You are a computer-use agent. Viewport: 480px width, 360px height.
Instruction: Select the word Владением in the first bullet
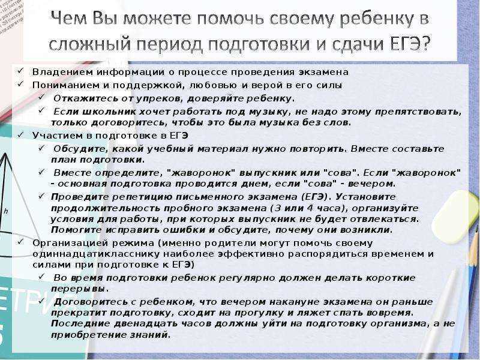pos(62,72)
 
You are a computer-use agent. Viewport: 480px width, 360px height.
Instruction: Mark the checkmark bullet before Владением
pos(21,71)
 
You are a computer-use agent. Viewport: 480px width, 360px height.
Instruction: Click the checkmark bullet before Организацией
pos(21,242)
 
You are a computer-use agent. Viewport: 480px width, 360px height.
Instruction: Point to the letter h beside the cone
pos(6,211)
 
